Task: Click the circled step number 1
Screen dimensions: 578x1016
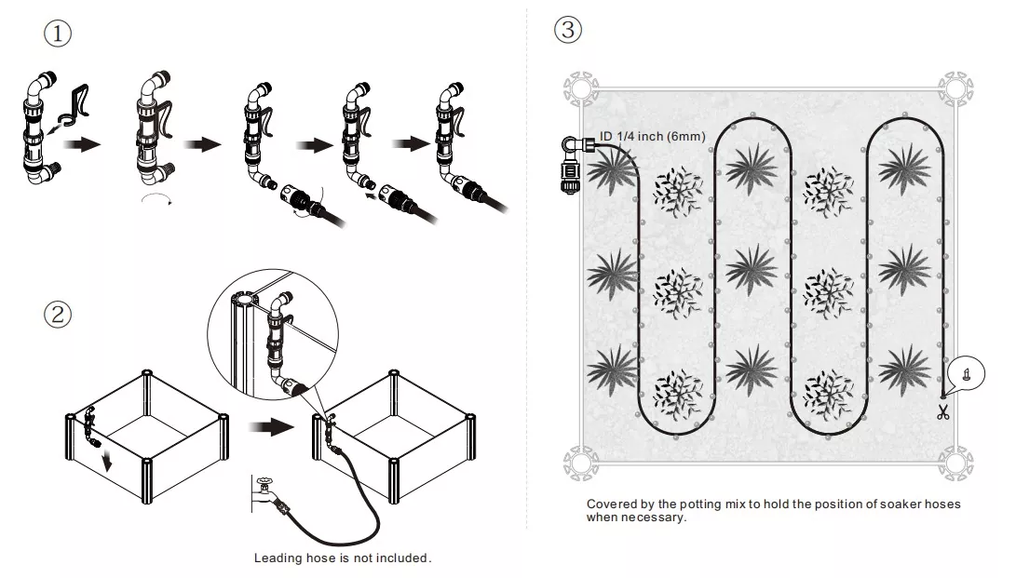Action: tap(58, 33)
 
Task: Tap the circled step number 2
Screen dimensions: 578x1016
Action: tap(58, 314)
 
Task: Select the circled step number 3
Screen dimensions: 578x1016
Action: tap(567, 30)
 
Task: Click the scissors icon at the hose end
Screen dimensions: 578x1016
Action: tap(942, 412)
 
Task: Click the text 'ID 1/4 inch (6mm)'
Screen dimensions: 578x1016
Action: tap(652, 137)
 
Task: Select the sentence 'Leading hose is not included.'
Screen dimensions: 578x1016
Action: tap(343, 558)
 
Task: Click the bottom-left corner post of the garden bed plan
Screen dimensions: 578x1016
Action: tap(578, 461)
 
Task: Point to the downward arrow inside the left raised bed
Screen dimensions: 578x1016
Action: tap(109, 458)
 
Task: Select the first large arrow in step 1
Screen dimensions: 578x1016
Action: tap(88, 145)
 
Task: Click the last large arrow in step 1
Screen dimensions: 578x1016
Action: tap(413, 144)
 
